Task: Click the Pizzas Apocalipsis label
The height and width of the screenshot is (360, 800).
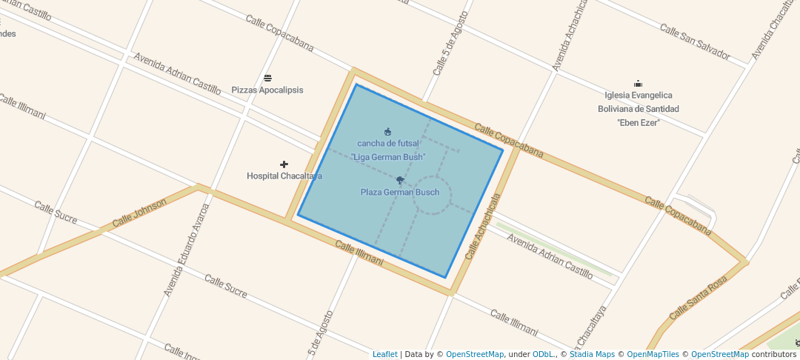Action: pos(267,90)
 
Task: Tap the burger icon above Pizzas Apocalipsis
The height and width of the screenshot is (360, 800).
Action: pos(267,78)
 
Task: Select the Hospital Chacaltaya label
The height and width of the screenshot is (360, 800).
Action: pos(284,176)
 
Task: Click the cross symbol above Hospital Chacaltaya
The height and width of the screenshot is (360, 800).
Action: pos(284,164)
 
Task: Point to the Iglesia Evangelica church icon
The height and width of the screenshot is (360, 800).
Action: pos(638,84)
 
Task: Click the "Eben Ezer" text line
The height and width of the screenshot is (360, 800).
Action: pos(638,122)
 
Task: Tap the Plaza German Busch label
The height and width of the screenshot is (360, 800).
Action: pos(400,193)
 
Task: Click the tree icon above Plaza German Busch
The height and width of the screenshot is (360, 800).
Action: pos(400,180)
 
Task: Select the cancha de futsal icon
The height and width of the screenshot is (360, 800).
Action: pos(387,132)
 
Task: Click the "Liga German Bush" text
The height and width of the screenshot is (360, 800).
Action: pos(387,157)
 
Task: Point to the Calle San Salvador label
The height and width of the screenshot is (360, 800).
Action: pos(695,42)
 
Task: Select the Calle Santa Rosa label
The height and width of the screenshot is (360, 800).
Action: pos(699,298)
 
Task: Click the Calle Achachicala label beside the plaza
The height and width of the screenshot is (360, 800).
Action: pos(483,227)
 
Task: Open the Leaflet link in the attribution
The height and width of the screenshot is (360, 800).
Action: pos(384,354)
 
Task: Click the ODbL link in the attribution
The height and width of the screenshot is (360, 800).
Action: pos(543,354)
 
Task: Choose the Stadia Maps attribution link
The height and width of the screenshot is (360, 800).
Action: pos(592,354)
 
